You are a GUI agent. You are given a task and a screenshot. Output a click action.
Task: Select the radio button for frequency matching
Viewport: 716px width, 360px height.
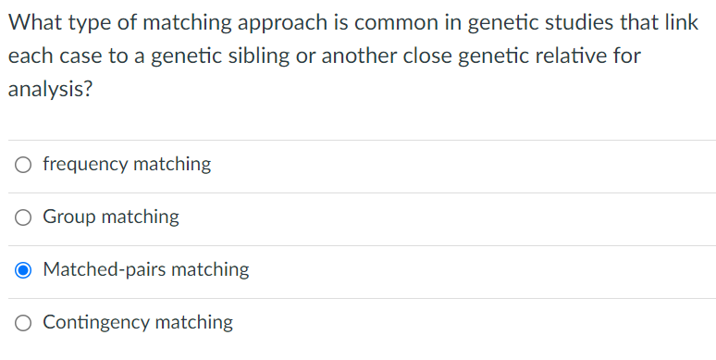click(24, 165)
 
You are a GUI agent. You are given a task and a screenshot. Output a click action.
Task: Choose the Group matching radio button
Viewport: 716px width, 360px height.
click(24, 217)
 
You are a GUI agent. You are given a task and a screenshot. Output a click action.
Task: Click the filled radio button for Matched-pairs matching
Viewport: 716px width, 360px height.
click(24, 270)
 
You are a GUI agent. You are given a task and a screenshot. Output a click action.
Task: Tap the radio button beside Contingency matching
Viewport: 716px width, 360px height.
click(24, 323)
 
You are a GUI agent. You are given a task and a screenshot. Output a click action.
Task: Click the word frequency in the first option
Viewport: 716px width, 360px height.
click(85, 165)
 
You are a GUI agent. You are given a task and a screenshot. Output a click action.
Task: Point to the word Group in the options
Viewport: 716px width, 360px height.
click(69, 217)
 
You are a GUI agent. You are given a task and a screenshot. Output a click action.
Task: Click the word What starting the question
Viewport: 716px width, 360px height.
click(34, 22)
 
